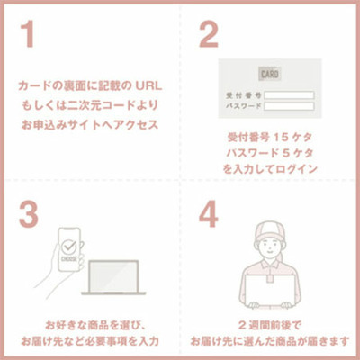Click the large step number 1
tap(30, 35)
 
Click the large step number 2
tap(209, 35)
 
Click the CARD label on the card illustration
tap(269, 73)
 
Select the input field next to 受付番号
tap(289, 93)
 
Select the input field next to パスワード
tap(289, 105)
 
